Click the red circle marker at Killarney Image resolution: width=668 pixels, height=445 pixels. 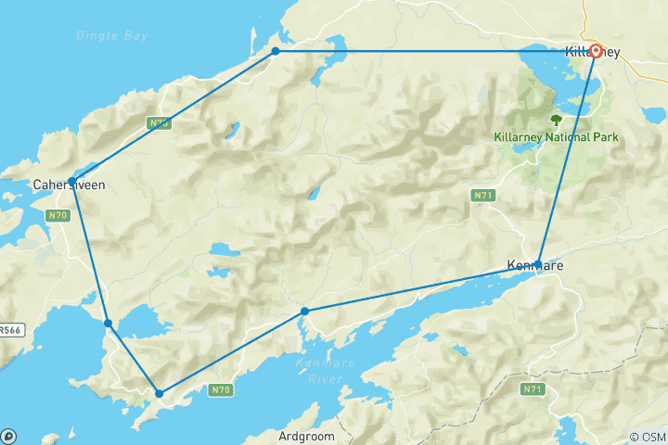[595, 51]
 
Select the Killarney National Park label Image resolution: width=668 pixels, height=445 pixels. [557, 137]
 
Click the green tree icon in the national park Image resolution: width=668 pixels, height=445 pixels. [557, 120]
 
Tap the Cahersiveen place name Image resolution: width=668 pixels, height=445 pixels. [69, 185]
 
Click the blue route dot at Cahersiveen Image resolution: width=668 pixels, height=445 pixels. [71, 181]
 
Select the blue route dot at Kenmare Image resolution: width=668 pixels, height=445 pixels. [538, 263]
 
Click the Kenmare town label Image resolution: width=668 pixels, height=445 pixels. [534, 266]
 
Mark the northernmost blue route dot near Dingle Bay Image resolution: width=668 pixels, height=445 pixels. [276, 51]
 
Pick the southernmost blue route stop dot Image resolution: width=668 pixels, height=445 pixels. [160, 393]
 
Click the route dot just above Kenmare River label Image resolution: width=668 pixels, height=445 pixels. [304, 311]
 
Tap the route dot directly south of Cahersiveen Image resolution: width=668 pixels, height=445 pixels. [109, 324]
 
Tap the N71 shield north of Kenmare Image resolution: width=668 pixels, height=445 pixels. [482, 196]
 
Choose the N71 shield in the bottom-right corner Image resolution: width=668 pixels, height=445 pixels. [533, 389]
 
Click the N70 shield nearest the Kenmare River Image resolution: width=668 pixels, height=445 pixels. [220, 390]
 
